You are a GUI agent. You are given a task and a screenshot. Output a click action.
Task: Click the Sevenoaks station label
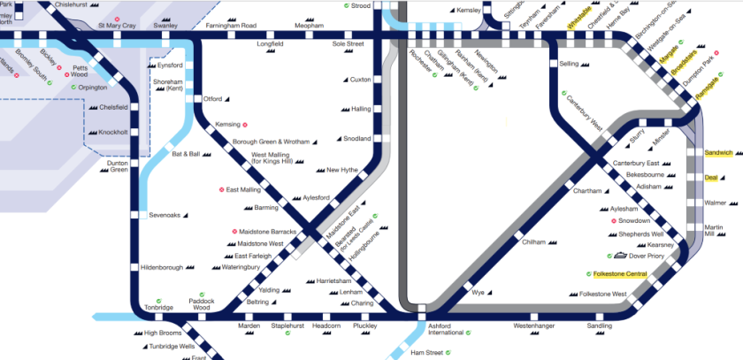pos(165,215)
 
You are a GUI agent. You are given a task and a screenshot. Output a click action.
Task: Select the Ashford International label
pos(446,329)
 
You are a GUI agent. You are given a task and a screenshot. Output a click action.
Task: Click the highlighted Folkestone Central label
pos(621,274)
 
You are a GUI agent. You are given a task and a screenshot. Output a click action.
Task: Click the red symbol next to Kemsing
pos(245,125)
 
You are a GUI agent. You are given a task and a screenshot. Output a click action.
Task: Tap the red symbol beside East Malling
pos(222,189)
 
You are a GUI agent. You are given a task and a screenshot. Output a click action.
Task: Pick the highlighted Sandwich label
pos(718,153)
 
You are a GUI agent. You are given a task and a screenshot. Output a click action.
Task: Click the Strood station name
pos(361,6)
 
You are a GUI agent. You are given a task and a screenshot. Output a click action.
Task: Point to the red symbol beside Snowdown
pos(613,220)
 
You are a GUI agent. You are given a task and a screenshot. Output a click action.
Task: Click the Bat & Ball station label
pos(187,154)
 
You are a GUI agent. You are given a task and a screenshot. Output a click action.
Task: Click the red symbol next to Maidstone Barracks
pos(234,231)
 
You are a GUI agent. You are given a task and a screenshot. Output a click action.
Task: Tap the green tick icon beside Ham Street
pos(448,353)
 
